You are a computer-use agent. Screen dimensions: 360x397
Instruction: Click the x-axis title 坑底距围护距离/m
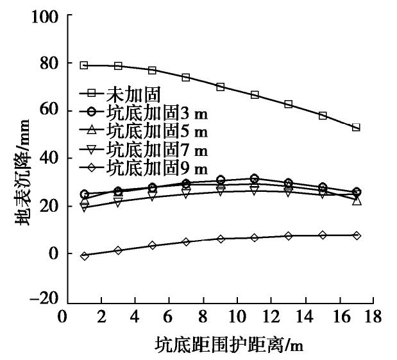point(228,346)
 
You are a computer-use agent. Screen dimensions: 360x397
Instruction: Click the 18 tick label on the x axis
point(373,317)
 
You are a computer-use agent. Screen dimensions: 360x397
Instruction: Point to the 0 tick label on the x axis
point(63,317)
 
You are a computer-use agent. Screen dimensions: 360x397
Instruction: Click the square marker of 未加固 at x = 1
point(84,65)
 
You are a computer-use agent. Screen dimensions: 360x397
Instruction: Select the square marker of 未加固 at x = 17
point(357,128)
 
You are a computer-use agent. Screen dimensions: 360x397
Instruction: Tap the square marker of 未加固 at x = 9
point(220,87)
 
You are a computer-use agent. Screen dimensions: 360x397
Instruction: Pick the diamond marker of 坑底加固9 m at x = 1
point(84,255)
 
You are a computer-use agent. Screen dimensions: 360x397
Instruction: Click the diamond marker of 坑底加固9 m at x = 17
point(357,236)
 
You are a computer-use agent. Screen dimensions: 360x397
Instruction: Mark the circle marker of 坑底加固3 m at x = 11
point(255,178)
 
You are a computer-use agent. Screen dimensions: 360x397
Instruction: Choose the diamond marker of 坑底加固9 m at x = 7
point(186,242)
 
